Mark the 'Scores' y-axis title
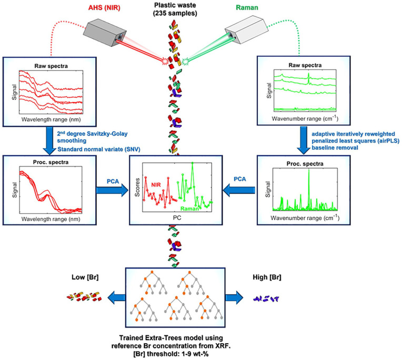(x=138, y=187)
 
